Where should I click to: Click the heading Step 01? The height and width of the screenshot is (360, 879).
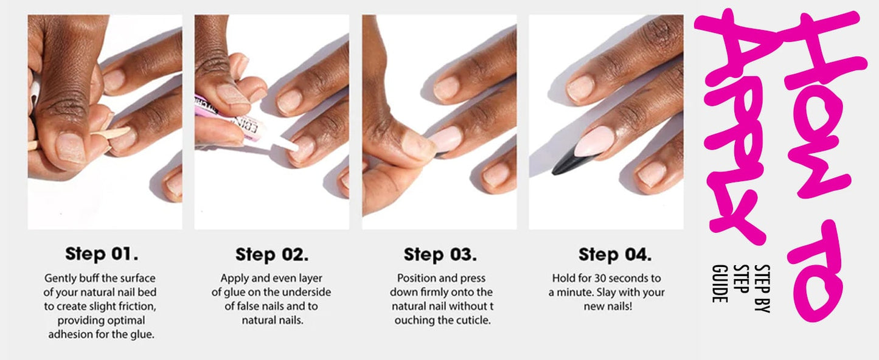tap(102, 254)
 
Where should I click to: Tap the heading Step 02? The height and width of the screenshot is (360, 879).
tap(272, 255)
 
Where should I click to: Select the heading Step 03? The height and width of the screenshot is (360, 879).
tap(440, 255)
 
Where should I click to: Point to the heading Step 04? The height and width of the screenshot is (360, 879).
tap(615, 255)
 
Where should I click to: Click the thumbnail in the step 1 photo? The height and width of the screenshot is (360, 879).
tap(71, 148)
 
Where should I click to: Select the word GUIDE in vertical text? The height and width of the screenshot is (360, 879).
tap(720, 283)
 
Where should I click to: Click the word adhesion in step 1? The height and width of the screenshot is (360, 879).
tap(68, 334)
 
